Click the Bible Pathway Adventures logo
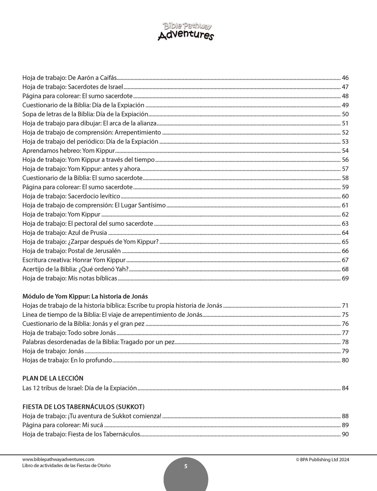pos(185,32)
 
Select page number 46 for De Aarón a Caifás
pos(345,78)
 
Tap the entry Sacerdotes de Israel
pos(73,87)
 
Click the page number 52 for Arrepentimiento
pos(345,132)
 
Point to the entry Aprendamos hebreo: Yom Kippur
pos(69,151)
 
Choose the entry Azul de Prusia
pos(64,233)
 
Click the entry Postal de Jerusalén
pos(71,251)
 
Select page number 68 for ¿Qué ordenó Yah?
pos(345,269)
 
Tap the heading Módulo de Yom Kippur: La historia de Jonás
pos(85,296)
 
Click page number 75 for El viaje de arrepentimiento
pos(345,315)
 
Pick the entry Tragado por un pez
pos(98,342)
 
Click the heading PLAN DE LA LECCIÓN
pos(53,378)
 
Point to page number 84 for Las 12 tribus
pos(345,388)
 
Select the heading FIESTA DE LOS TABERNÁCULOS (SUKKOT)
pos(83,407)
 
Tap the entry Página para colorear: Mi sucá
pos(63,425)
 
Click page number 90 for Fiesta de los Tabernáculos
pos(345,434)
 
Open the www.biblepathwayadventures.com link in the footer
pos(58,459)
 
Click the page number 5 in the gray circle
pos(186,467)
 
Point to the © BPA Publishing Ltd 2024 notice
pos(322,460)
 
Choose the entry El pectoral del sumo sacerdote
pos(88,224)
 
